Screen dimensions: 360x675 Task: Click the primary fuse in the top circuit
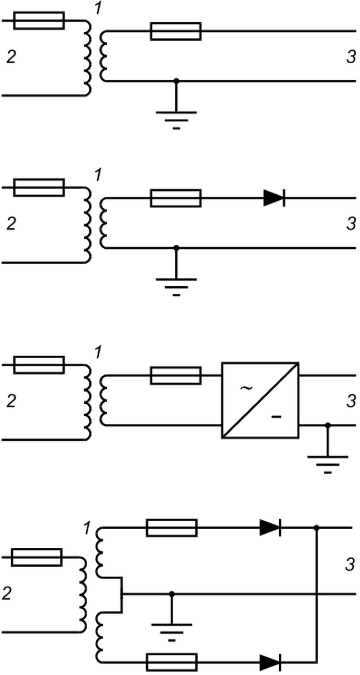click(x=39, y=21)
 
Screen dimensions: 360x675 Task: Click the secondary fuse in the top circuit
click(x=176, y=31)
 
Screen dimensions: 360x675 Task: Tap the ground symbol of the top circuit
click(x=176, y=120)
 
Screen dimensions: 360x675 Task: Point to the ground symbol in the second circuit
click(x=176, y=287)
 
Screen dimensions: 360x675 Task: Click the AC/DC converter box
click(x=261, y=401)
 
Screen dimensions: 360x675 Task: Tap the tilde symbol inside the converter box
click(x=246, y=388)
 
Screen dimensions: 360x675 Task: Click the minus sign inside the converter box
click(x=276, y=417)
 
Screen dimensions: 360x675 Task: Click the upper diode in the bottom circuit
click(x=271, y=528)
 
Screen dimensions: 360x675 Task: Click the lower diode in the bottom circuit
click(x=271, y=662)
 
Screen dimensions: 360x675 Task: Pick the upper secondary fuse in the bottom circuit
click(x=172, y=528)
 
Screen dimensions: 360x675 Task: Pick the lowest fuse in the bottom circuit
click(x=172, y=662)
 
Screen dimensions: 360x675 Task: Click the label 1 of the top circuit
click(x=98, y=8)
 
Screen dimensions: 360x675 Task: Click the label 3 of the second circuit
click(x=351, y=224)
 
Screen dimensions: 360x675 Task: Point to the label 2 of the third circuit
click(x=11, y=401)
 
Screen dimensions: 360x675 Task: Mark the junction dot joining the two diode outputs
click(x=316, y=528)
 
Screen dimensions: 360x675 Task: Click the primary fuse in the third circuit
click(x=39, y=365)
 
